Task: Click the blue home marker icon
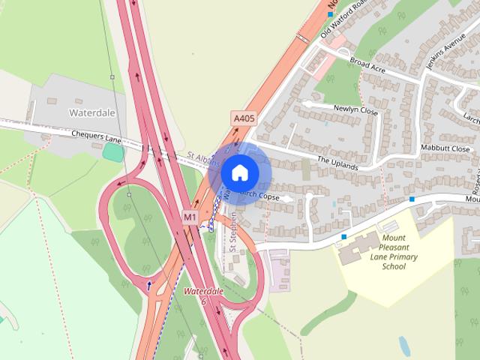tap(239, 173)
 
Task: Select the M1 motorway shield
tap(190, 217)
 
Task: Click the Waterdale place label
tap(92, 112)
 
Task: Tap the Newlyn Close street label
tap(355, 109)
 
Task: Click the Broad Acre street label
tap(367, 67)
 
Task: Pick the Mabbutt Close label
tap(445, 149)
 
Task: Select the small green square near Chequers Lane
tap(113, 151)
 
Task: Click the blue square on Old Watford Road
tap(330, 14)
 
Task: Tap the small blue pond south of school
tap(404, 346)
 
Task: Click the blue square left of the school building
tap(344, 237)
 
